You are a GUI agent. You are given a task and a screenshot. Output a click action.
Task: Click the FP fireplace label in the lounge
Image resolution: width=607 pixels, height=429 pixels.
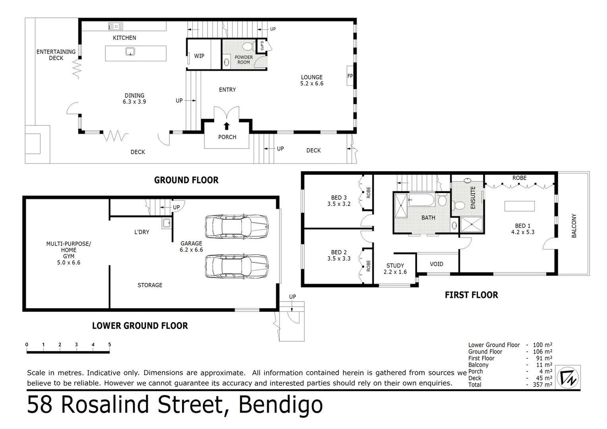350,76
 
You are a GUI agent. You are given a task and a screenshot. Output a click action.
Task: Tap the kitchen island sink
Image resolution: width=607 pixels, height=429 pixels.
130,51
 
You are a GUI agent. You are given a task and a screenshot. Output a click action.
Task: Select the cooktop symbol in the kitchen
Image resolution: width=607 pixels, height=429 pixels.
116,26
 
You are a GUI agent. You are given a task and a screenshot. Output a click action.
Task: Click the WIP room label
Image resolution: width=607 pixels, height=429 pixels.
199,56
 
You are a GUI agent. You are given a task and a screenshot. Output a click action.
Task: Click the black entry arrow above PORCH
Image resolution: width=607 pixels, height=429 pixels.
227,126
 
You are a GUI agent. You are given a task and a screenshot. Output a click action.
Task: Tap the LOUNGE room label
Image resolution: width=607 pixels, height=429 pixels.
312,77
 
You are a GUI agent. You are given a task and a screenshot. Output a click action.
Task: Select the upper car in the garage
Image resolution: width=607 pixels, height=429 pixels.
237,227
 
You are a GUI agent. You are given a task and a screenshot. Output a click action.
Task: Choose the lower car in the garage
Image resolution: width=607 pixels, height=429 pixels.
237,266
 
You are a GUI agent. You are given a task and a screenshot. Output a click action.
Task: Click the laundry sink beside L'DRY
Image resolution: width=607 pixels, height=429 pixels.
166,223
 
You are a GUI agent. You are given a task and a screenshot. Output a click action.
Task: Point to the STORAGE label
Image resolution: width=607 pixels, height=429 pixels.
150,285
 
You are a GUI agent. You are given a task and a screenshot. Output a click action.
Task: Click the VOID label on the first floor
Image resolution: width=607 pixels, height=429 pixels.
436,264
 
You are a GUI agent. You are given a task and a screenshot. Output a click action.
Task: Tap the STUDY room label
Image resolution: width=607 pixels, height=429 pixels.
395,265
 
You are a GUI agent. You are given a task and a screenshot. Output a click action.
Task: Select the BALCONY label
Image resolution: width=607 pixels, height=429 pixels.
574,226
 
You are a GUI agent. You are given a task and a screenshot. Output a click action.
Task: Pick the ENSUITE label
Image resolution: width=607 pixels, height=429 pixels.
473,197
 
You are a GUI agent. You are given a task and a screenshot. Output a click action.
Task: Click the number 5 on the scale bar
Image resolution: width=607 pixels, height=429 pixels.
110,345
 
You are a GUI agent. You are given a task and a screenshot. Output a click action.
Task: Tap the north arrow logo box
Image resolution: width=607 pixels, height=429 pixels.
568,377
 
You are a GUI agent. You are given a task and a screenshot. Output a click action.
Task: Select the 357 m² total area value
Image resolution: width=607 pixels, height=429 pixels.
542,385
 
